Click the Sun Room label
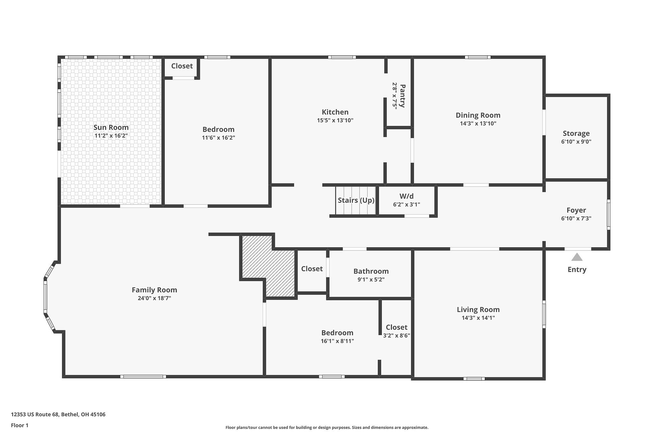111,127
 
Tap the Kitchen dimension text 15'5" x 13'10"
335,120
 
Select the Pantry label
403,96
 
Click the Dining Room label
478,115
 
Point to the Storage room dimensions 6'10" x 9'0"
576,142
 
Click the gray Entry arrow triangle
577,257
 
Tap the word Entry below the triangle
577,270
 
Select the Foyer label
576,210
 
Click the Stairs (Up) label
356,200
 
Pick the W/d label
406,196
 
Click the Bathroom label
371,271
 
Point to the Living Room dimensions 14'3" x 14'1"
478,318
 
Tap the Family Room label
154,290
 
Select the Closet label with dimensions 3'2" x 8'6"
396,327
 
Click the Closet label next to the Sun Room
182,66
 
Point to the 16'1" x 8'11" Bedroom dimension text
337,341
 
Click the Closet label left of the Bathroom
312,269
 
